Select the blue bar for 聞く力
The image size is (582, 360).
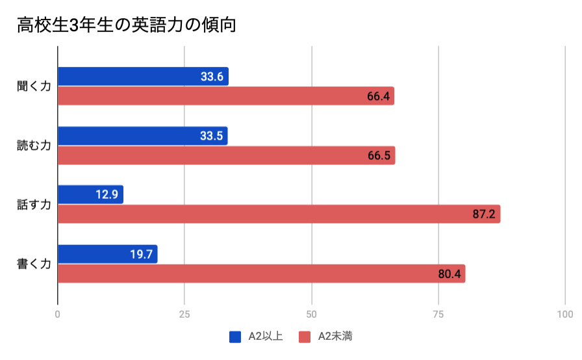coord(143,77)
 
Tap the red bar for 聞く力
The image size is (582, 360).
coord(226,96)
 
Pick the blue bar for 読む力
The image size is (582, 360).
coord(143,136)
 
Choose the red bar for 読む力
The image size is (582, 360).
coord(226,155)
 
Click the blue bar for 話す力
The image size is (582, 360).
coord(90,195)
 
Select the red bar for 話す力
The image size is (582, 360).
coord(279,214)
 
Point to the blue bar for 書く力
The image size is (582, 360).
coord(108,254)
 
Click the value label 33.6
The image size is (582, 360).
coord(212,77)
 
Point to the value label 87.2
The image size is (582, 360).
coord(484,214)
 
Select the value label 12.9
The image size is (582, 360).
coord(107,195)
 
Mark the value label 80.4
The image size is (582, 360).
coord(449,274)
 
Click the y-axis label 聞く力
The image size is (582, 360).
coord(34,86)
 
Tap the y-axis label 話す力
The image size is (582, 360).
coord(34,205)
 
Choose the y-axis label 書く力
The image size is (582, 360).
coord(34,264)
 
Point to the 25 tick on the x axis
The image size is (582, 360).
coord(185,314)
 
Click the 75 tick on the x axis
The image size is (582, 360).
coord(438,314)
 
